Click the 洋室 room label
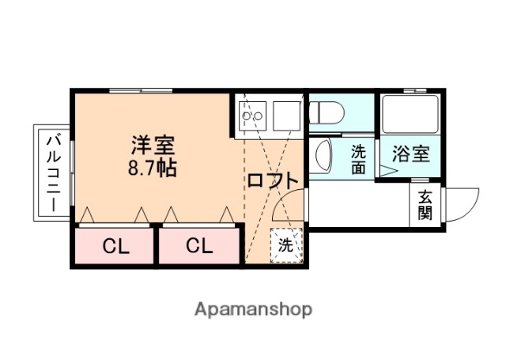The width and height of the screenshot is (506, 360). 153,145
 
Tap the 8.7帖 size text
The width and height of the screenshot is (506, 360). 153,168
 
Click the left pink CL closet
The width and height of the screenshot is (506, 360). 115,247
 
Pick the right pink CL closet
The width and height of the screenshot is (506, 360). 199,247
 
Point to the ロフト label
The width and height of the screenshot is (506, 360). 274,180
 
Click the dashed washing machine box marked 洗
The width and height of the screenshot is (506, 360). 286,245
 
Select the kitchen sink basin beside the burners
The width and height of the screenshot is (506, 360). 287,116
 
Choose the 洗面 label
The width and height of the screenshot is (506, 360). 359,158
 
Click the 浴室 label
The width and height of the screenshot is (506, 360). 411,153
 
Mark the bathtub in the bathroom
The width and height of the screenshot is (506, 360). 410,116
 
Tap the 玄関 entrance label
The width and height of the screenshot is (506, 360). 425,206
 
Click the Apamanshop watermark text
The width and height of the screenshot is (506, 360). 253,309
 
